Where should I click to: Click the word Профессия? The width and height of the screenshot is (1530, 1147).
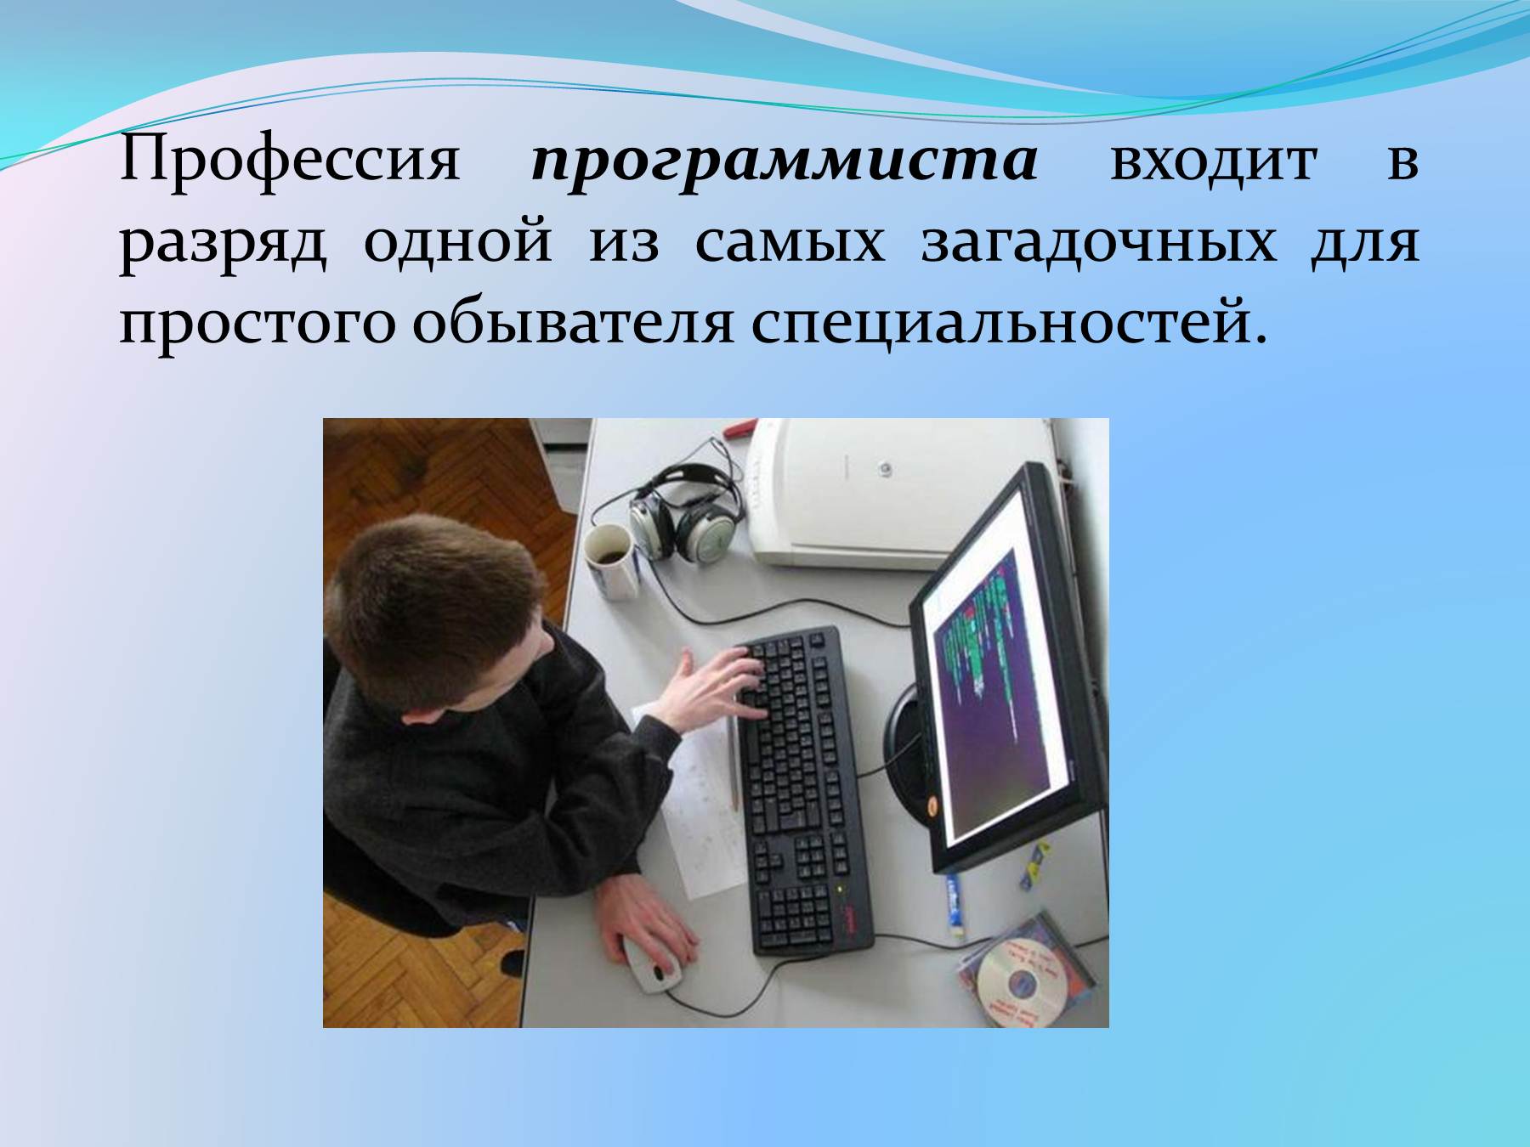point(290,161)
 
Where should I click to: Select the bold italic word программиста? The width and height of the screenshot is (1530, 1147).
point(784,161)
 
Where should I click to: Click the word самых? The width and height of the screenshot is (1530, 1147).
point(790,242)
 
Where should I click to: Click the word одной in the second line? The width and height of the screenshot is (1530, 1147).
point(459,242)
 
